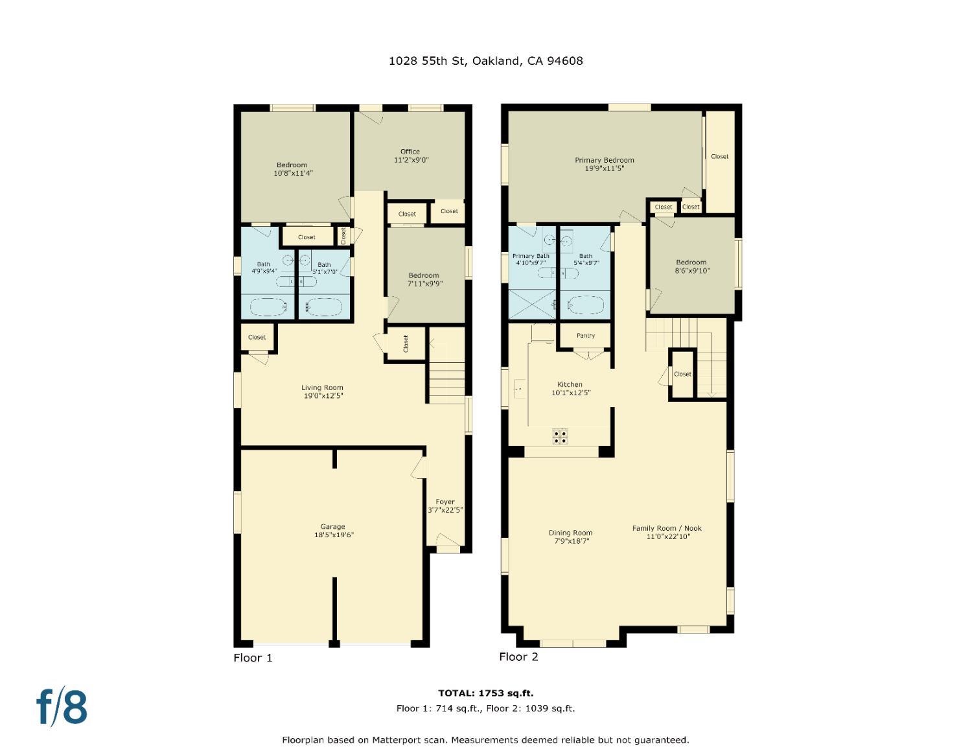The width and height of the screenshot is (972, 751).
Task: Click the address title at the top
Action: [x=485, y=61]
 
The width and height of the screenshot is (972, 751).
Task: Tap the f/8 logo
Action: [x=62, y=706]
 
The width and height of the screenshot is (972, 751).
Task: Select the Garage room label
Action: [x=332, y=527]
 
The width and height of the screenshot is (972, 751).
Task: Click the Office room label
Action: [x=410, y=152]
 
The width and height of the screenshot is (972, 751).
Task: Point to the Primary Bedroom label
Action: [x=604, y=160]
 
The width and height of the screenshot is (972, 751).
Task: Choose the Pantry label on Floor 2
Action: [x=585, y=336]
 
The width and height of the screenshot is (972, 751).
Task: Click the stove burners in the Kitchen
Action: [x=560, y=437]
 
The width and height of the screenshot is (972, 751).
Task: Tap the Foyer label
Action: [x=445, y=502]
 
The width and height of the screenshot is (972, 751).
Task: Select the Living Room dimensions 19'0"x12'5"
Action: [x=322, y=395]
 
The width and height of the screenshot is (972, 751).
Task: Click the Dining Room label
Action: [x=570, y=533]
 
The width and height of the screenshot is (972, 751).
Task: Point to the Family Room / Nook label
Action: [x=667, y=528]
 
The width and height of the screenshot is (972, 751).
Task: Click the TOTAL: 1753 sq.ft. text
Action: [x=485, y=693]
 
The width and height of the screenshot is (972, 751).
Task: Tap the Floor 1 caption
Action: [x=253, y=658]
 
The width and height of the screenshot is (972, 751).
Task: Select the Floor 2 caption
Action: [x=518, y=656]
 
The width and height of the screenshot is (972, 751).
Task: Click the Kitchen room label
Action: [x=570, y=384]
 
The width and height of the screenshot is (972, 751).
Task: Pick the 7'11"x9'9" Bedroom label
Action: [x=424, y=279]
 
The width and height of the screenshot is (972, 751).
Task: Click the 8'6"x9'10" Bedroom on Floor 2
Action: [x=691, y=266]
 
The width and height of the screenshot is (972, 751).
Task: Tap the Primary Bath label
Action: [x=531, y=256]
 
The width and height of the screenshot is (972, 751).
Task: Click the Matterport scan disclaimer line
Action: [x=485, y=739]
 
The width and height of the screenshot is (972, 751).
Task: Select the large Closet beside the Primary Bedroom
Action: [x=719, y=156]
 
